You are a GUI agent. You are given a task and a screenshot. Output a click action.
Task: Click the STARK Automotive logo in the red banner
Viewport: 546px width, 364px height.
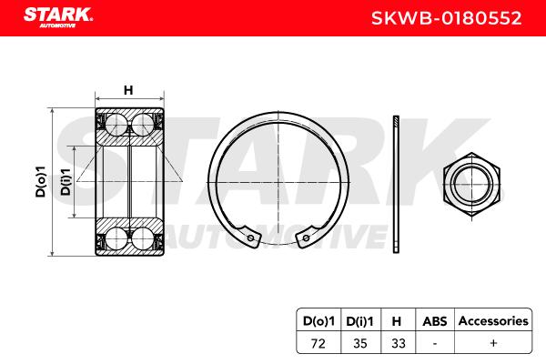[x=58, y=16]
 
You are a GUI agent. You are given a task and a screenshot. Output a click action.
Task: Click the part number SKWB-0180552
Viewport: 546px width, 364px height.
[x=447, y=18]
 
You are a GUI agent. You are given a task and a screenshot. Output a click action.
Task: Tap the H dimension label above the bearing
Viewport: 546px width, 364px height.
[x=128, y=90]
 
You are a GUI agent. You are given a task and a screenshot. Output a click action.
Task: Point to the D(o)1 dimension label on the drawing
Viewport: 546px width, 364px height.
[x=41, y=181]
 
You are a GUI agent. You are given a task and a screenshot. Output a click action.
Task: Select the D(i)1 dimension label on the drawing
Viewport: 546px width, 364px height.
[x=66, y=181]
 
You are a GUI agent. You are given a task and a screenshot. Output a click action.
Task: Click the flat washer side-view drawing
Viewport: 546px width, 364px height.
[x=396, y=184]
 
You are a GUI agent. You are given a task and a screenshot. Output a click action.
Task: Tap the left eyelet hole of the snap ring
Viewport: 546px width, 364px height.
[x=251, y=238]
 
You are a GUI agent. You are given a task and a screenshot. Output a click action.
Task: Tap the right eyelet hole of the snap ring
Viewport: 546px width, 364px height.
[x=306, y=238]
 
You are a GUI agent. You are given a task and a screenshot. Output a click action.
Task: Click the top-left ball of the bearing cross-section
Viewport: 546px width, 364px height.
[x=116, y=124]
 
